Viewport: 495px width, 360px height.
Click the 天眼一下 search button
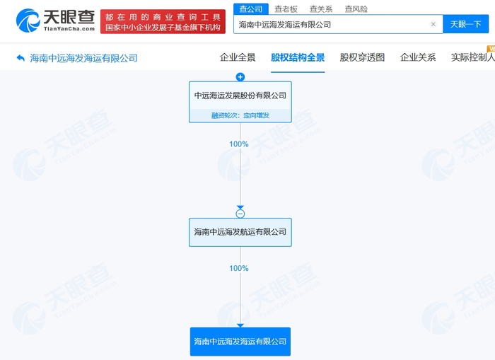click(465, 24)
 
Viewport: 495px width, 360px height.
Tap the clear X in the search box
click(433, 24)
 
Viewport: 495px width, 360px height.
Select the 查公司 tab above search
click(250, 9)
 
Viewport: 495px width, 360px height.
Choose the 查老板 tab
click(286, 9)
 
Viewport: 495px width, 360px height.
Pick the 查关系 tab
click(320, 9)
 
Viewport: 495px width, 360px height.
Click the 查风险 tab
click(356, 9)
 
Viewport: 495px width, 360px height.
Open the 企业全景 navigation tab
click(238, 57)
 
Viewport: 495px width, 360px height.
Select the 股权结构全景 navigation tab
click(298, 57)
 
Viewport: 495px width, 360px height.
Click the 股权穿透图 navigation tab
click(362, 57)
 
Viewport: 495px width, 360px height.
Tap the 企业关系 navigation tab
click(418, 57)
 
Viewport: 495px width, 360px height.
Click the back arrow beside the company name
click(21, 58)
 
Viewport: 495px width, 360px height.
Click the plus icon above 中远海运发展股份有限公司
click(240, 77)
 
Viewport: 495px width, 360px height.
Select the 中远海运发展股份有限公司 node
click(240, 95)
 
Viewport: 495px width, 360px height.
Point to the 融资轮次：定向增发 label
click(240, 115)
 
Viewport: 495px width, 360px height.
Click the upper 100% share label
click(239, 144)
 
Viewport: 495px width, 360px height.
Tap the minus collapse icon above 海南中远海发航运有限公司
click(240, 214)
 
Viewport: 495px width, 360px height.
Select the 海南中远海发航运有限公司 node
click(240, 232)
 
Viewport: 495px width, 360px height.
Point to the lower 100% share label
click(239, 269)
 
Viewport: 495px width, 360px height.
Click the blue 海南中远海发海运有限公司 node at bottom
click(240, 341)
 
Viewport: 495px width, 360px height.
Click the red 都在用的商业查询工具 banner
click(163, 21)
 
